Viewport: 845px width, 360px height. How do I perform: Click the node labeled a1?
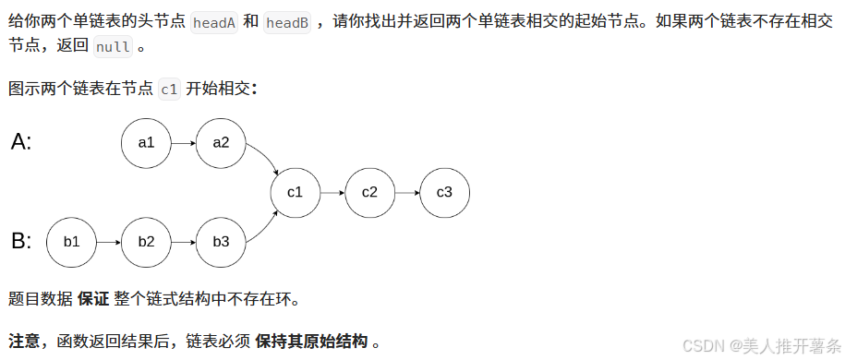(x=146, y=143)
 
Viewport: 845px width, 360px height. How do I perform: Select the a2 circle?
(x=221, y=143)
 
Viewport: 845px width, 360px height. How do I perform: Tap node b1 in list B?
(x=71, y=242)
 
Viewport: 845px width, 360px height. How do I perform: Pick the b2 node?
(x=146, y=242)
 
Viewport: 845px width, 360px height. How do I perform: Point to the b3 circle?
(x=221, y=242)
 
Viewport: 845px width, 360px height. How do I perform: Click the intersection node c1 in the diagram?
(x=296, y=192)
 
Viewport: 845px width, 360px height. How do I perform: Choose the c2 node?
(x=369, y=192)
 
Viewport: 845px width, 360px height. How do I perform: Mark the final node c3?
(x=444, y=192)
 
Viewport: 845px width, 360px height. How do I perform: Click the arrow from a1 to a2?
(x=183, y=143)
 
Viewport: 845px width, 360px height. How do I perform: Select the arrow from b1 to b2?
(x=109, y=242)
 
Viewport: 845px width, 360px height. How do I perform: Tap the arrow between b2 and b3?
(x=183, y=242)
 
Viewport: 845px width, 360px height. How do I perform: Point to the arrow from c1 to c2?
(x=332, y=192)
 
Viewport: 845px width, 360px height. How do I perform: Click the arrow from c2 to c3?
(x=407, y=192)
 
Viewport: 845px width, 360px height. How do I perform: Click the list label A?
(x=21, y=142)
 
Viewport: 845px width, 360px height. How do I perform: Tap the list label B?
(x=21, y=242)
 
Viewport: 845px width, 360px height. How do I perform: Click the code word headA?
(x=214, y=22)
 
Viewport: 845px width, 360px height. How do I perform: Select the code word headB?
(x=287, y=22)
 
